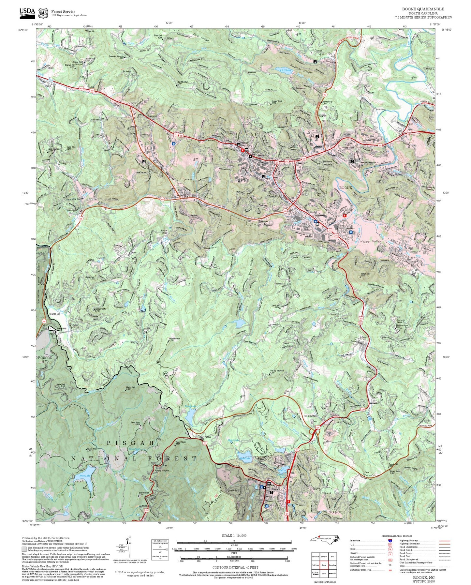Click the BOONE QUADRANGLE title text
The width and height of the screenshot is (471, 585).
[x=423, y=9]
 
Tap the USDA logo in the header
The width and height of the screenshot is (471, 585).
[x=27, y=12]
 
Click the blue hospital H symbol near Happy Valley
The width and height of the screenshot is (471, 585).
[x=351, y=232]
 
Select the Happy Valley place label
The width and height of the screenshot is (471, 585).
[x=370, y=241]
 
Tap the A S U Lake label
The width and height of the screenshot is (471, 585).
[x=282, y=70]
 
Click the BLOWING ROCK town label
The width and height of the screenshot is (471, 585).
[x=331, y=512]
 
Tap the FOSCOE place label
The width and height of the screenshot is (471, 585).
[x=45, y=358]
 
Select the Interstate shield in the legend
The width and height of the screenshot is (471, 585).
[x=390, y=541]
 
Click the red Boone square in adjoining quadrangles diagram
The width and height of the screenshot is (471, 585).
[x=324, y=564]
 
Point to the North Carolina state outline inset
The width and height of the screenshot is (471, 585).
[x=325, y=539]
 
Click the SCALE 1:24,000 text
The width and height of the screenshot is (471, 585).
[x=234, y=535]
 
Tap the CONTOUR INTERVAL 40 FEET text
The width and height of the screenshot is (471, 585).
[x=235, y=568]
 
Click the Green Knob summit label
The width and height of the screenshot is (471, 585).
[x=135, y=423]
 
